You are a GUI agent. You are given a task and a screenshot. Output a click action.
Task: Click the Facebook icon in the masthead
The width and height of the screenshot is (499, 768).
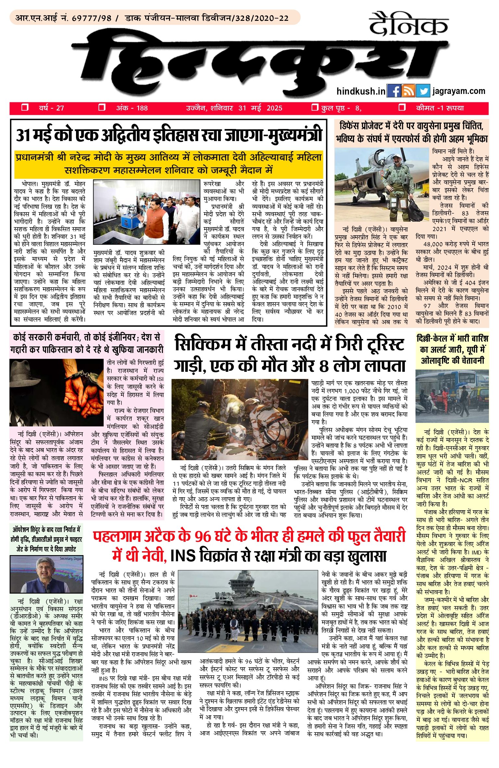[394, 91]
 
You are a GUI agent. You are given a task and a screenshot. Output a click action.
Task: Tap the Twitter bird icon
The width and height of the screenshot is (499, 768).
[423, 91]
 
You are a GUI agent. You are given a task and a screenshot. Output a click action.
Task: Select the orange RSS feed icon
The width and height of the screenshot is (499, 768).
[408, 91]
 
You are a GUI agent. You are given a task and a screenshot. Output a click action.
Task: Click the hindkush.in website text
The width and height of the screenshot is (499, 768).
[361, 91]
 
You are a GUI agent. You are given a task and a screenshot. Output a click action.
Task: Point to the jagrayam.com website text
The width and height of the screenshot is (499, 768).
[459, 91]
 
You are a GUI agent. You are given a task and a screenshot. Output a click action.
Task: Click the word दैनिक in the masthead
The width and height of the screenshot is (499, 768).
[408, 24]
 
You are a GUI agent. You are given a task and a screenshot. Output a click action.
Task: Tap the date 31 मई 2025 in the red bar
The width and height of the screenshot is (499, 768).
[260, 108]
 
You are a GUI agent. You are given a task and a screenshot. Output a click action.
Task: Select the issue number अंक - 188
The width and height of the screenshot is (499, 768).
[132, 108]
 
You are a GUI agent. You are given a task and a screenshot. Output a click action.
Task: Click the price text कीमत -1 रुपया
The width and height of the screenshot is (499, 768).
[440, 108]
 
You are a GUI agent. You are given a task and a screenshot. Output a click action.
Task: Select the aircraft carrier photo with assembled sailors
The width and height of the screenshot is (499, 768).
[248, 611]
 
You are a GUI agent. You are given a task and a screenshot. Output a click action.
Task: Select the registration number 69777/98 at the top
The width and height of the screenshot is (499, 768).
[91, 18]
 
